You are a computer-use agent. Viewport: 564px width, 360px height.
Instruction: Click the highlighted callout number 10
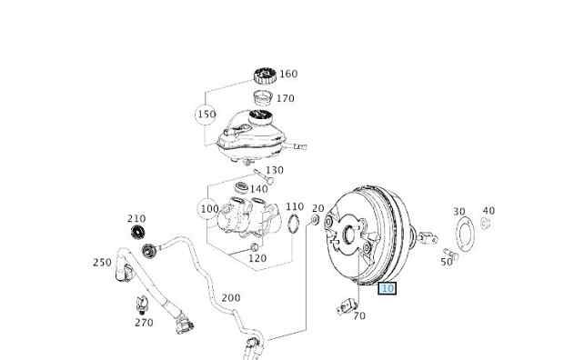click(387, 288)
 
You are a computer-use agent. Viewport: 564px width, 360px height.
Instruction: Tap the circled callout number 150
click(206, 115)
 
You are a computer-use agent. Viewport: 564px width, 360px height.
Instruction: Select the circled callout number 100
click(209, 209)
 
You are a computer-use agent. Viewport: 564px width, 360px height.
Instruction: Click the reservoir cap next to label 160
click(265, 75)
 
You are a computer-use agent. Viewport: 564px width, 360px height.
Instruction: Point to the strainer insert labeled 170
click(263, 99)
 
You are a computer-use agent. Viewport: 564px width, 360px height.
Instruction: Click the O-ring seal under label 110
click(294, 223)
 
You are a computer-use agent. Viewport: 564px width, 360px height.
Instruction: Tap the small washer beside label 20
click(315, 219)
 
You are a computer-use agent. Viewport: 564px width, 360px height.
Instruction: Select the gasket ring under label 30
click(464, 235)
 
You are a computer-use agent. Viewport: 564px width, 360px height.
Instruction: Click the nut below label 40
click(486, 224)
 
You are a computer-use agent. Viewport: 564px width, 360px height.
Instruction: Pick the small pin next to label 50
click(451, 254)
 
